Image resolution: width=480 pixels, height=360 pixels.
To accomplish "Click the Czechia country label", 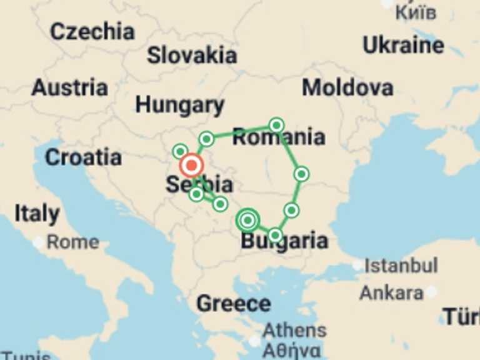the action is pyautogui.click(x=92, y=31).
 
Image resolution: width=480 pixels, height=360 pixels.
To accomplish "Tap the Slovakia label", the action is pyautogui.click(x=192, y=55).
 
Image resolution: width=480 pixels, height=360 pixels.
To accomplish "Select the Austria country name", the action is pyautogui.click(x=69, y=87).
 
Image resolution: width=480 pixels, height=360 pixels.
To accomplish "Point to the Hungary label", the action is pyautogui.click(x=179, y=105).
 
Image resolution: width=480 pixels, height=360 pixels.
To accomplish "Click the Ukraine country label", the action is pyautogui.click(x=403, y=45).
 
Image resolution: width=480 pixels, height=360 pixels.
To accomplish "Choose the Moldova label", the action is pyautogui.click(x=347, y=87).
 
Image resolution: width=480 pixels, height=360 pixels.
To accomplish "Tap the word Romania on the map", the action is pyautogui.click(x=279, y=137).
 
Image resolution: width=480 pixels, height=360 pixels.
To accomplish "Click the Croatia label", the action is pyautogui.click(x=82, y=157).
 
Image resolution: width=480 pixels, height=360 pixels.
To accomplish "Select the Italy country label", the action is pyautogui.click(x=37, y=214).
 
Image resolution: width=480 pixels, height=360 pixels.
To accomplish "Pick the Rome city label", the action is pyautogui.click(x=72, y=242).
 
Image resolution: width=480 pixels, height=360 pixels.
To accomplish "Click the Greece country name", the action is pyautogui.click(x=233, y=304).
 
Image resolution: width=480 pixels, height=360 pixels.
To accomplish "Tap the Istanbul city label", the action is pyautogui.click(x=401, y=265).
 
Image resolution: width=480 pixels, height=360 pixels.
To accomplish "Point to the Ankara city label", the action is pyautogui.click(x=391, y=292).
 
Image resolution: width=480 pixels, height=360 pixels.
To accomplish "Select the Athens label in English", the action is pyautogui.click(x=294, y=330).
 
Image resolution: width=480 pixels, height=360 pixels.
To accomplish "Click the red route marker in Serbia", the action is pyautogui.click(x=191, y=166).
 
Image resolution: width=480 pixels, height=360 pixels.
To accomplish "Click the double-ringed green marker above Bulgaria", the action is pyautogui.click(x=248, y=220).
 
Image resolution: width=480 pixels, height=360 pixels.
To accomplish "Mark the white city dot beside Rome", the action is pyautogui.click(x=39, y=242).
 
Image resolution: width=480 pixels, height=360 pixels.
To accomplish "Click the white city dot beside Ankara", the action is pyautogui.click(x=431, y=291).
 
